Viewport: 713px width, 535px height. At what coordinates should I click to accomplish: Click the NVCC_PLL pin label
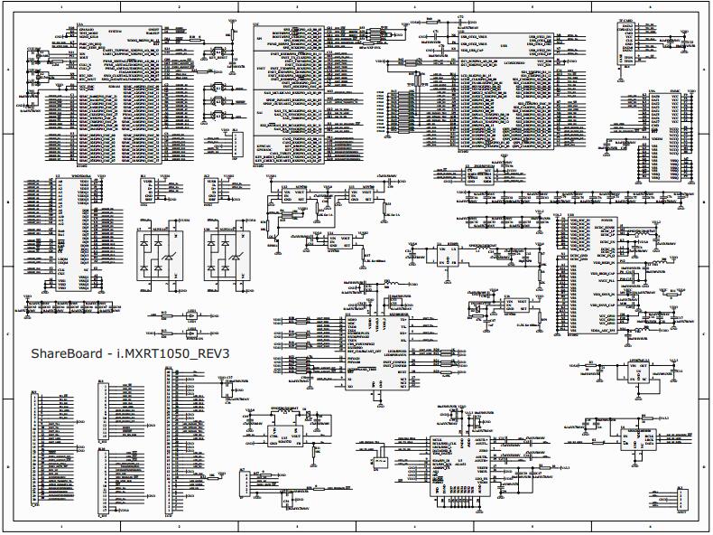[x=599, y=283]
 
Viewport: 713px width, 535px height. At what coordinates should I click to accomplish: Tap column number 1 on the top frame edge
[x=61, y=6]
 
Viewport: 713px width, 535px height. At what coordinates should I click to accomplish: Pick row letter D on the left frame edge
[x=5, y=466]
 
